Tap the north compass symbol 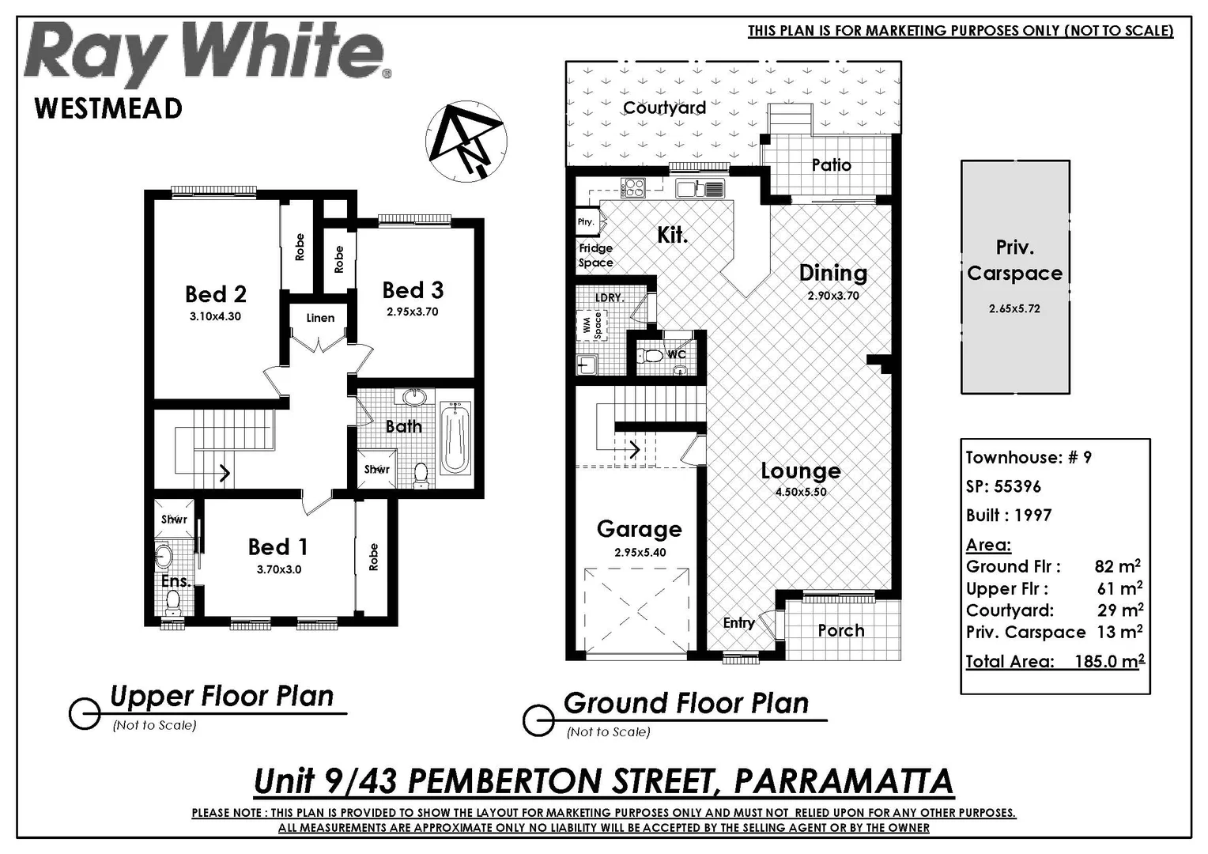click(466, 141)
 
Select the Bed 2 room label click(215, 295)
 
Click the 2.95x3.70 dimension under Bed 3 click(412, 312)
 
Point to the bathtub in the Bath click(455, 439)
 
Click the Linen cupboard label click(320, 318)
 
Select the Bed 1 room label click(277, 547)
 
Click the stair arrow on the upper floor click(224, 473)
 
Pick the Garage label click(639, 529)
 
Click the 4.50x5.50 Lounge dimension click(800, 492)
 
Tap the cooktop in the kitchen click(633, 187)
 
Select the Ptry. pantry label click(585, 222)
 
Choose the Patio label click(831, 165)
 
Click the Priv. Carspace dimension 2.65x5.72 click(1014, 309)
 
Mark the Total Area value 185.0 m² click(1108, 662)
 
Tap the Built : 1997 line click(1008, 516)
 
